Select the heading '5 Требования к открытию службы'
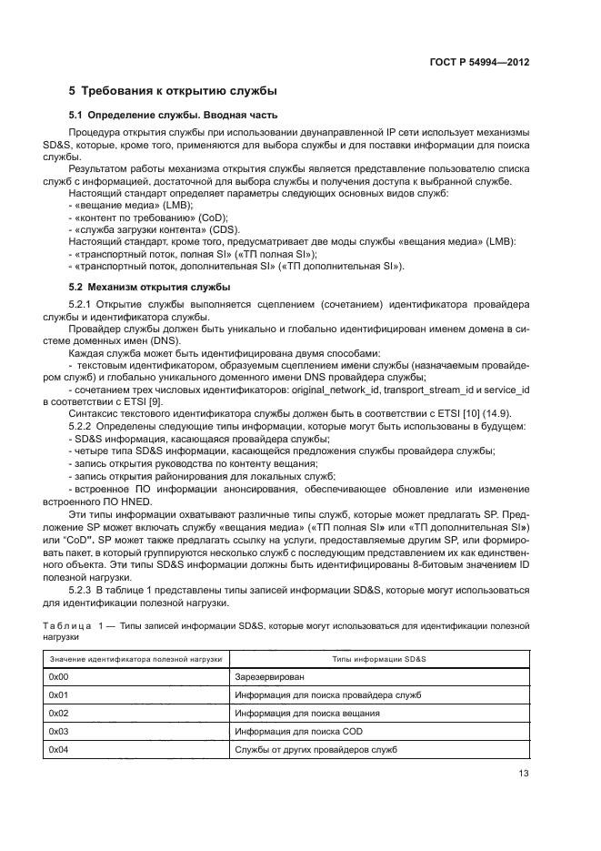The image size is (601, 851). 174,91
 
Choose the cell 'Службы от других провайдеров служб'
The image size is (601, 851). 316,750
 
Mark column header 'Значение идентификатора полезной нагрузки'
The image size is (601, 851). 136,658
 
